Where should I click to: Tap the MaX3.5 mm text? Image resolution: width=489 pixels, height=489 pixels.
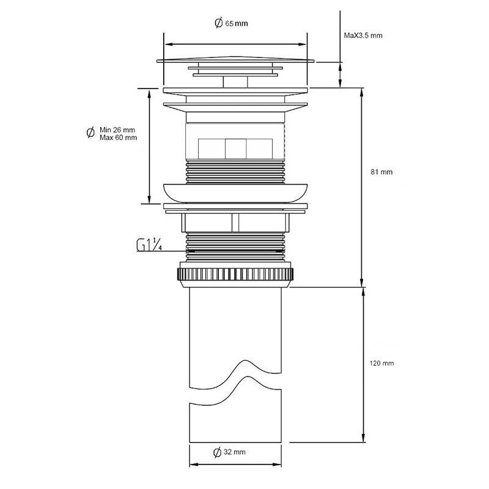[363, 35]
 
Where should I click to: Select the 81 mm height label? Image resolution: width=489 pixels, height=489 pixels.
[381, 172]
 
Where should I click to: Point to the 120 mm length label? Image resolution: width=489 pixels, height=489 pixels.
[381, 363]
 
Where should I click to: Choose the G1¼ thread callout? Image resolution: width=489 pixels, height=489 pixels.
[149, 245]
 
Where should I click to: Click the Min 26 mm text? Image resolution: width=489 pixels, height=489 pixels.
[117, 130]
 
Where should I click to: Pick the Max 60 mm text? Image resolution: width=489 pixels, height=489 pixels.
[118, 138]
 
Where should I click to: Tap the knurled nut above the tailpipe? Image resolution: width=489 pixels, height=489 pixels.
[235, 274]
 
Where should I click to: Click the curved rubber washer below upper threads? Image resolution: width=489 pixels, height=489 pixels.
[235, 193]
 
